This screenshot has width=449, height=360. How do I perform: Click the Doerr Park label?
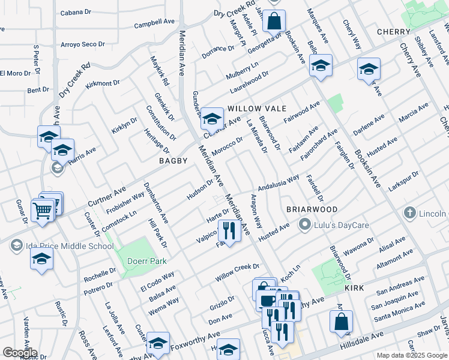coord(146,261)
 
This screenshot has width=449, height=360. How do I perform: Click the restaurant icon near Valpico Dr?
coord(228,230)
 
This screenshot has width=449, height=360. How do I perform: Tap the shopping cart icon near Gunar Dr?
coord(43,211)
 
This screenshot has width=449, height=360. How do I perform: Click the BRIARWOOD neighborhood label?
coord(312,209)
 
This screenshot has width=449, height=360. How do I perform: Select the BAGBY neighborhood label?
coord(173,161)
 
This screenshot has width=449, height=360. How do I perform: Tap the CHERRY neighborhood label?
coord(393,31)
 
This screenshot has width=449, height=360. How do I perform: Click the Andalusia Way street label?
coord(279,182)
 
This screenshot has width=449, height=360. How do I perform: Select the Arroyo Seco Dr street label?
coord(83,44)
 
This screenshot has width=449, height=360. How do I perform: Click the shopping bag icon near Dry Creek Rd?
coord(274,20)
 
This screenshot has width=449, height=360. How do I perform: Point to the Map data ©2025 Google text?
coord(411,355)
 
